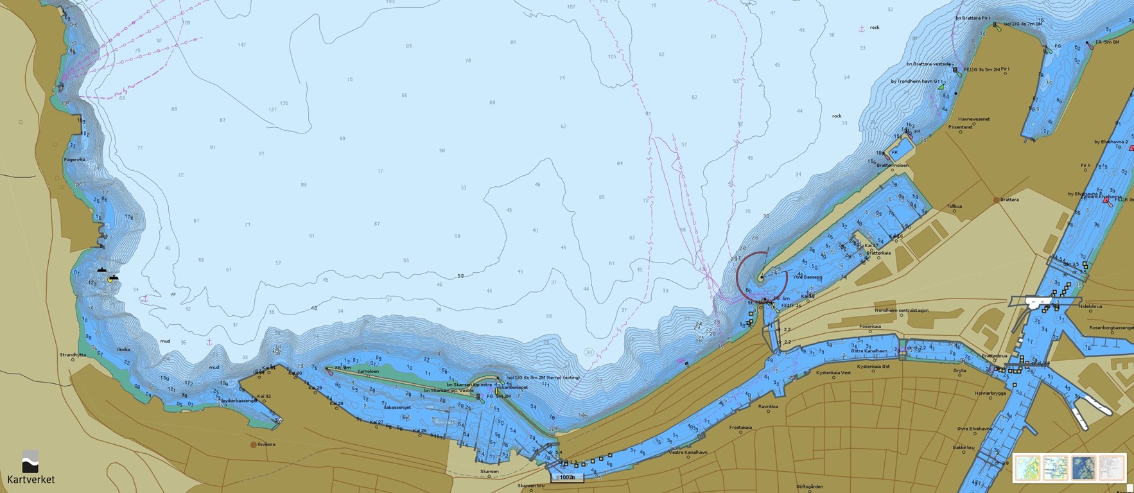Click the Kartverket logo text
point(31,480)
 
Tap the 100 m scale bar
point(567,478)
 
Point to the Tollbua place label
point(954,207)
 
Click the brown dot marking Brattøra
point(997,200)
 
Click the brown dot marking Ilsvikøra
point(254,444)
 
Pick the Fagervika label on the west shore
point(74,160)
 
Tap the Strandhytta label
point(73,354)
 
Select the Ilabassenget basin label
point(396,407)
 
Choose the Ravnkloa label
point(768,406)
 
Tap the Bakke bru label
point(963,447)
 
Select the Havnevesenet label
point(974,119)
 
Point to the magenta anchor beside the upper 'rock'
point(861,29)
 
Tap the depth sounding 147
point(241,45)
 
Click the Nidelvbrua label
point(1090,306)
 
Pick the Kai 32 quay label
point(263,397)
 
